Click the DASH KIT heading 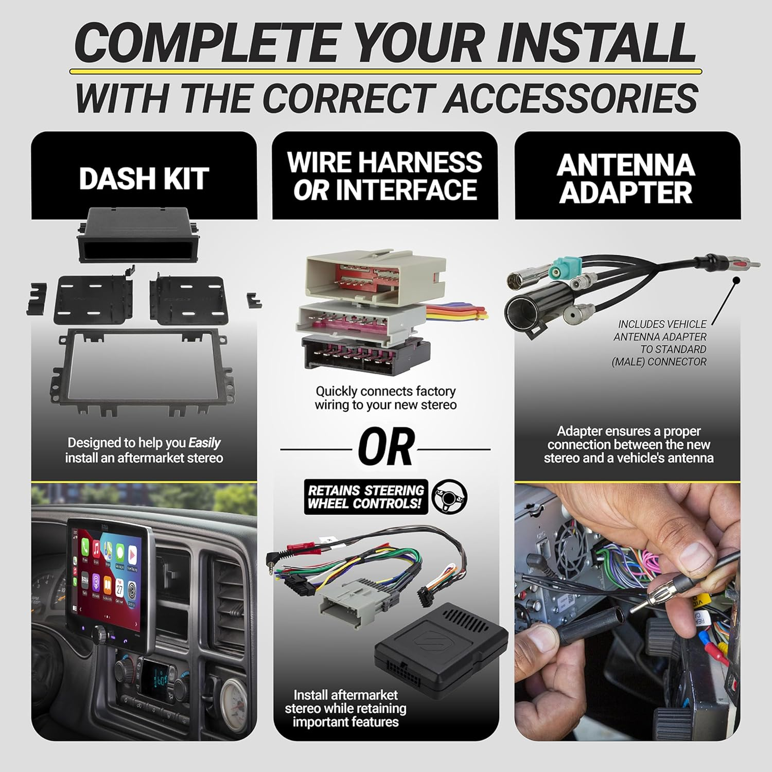(144, 179)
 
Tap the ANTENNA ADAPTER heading (626, 179)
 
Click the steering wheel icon (449, 497)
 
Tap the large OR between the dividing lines (385, 447)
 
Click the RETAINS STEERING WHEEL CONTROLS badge (366, 497)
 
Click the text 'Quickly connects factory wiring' (385, 398)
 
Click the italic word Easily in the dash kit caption (204, 443)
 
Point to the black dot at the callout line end (736, 280)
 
